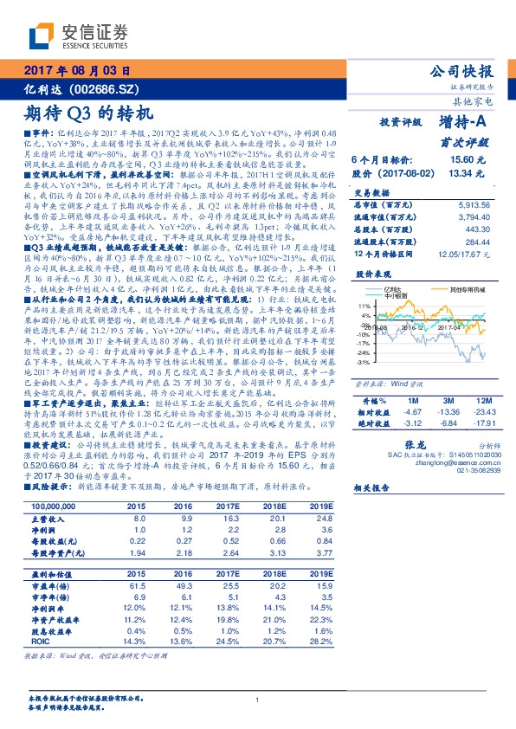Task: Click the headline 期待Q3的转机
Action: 87,113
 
